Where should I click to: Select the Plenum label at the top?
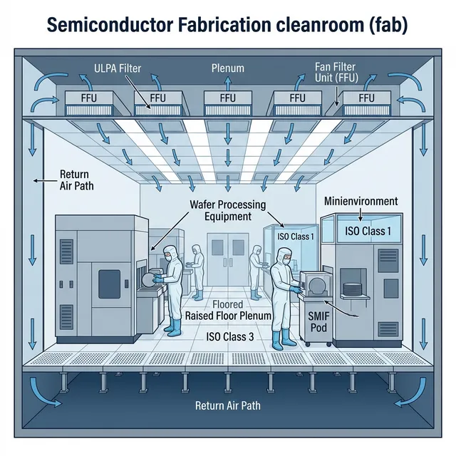(x=228, y=68)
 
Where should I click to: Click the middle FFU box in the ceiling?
(x=228, y=98)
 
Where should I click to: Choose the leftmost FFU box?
(x=90, y=98)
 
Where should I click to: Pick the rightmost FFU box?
(x=367, y=98)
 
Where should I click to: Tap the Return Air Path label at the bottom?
(x=228, y=405)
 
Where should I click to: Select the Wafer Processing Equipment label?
(x=228, y=210)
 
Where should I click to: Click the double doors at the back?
(x=227, y=254)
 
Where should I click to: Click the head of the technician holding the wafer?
(x=170, y=254)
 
